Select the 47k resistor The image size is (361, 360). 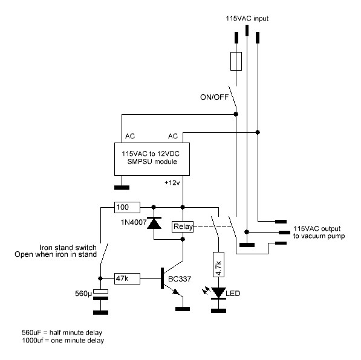point(127,278)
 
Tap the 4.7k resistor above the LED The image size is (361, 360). point(218,265)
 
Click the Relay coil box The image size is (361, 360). point(183,227)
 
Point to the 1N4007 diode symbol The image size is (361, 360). point(154,223)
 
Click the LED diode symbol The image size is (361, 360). point(218,293)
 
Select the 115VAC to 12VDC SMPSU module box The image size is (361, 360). point(152,159)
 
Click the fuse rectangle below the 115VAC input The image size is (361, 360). point(236,61)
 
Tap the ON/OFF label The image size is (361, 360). point(214,97)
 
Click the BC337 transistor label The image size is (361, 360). point(180,279)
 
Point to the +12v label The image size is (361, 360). point(172,183)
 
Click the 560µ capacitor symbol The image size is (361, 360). point(100,295)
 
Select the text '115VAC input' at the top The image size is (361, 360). point(247,18)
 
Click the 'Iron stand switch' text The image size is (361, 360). point(68,248)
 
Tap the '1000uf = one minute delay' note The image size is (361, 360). point(63,340)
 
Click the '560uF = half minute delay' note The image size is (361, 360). point(62,332)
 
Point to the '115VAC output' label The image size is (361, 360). point(317,228)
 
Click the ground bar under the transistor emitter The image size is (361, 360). point(183,309)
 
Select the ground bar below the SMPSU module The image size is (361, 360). point(122,187)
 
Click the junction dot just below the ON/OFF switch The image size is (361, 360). point(236,114)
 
